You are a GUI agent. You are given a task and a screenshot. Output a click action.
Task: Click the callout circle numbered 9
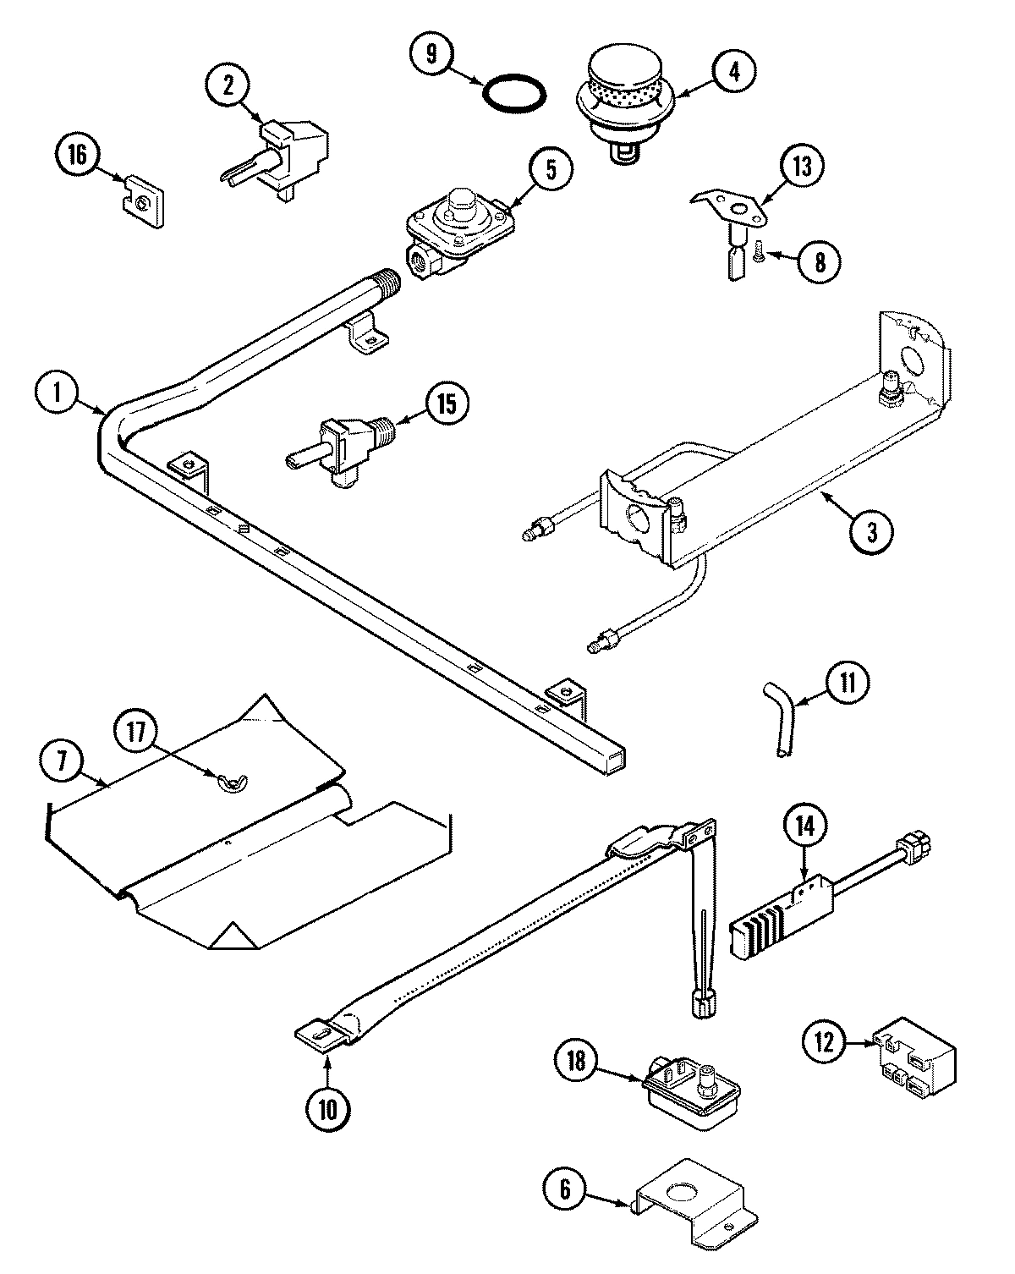click(432, 55)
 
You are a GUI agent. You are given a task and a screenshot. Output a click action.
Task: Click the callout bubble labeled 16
click(76, 157)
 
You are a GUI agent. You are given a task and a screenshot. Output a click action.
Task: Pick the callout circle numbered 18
click(577, 1061)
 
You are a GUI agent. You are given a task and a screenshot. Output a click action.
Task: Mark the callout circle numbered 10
click(327, 1110)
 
